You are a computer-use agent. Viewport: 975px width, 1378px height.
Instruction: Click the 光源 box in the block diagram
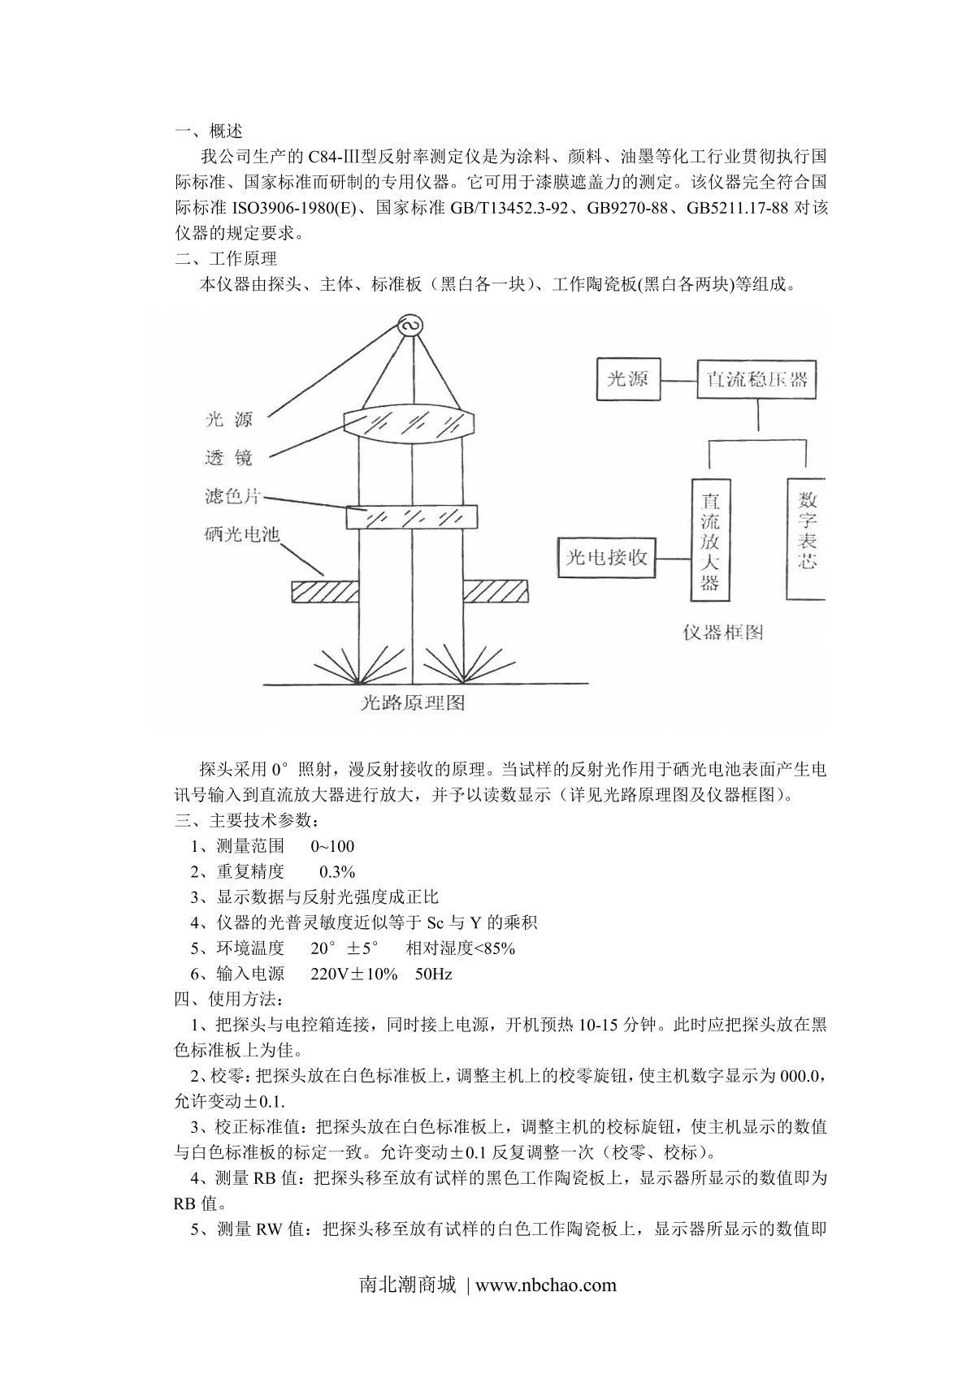click(627, 378)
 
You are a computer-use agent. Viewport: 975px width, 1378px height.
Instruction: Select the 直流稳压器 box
click(756, 379)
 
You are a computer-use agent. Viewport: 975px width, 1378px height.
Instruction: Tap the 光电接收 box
click(607, 558)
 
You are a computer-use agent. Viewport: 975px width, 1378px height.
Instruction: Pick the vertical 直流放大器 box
click(710, 540)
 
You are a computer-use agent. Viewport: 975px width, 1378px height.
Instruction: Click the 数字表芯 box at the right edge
click(806, 538)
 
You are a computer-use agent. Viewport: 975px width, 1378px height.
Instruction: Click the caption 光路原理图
click(413, 702)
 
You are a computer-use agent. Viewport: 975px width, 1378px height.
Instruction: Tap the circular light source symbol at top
click(409, 326)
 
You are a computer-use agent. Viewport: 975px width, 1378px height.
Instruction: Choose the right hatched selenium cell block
click(496, 590)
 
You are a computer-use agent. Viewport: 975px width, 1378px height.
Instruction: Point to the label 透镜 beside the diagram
click(228, 459)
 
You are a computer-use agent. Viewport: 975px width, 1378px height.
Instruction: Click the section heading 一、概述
click(209, 132)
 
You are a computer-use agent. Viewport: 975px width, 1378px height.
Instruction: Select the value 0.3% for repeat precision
click(337, 872)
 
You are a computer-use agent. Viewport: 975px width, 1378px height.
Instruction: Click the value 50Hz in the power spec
click(433, 974)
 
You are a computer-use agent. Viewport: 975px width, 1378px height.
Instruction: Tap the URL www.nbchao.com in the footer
click(545, 1285)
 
